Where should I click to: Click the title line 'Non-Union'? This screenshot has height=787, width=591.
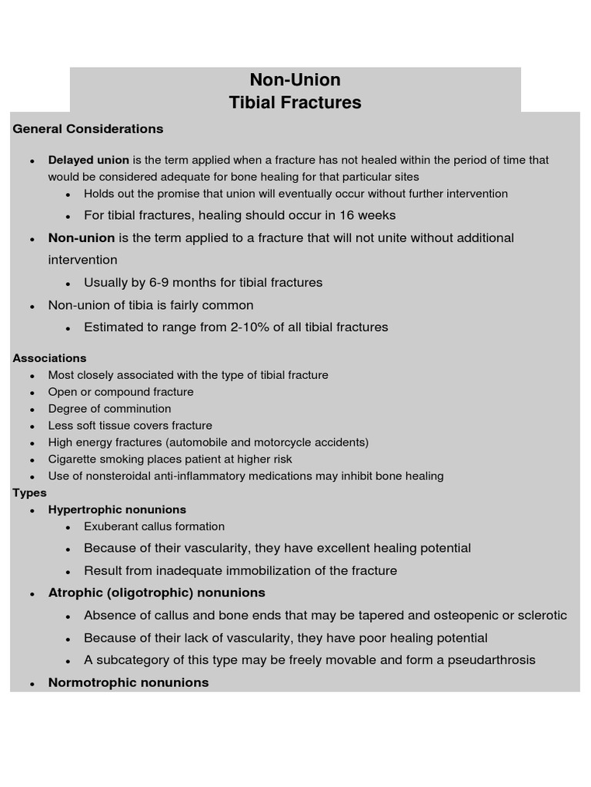coord(295,80)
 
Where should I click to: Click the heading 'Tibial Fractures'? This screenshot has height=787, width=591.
coord(295,102)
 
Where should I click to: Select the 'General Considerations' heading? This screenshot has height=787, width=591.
coord(88,129)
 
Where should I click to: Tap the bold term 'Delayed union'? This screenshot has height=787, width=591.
coord(88,161)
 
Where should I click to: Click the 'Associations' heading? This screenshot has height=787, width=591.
coord(49,358)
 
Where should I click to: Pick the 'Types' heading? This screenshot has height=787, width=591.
coord(29,493)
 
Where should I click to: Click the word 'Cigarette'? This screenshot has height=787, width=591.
coord(74,460)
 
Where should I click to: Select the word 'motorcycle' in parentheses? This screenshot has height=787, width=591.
coord(282,443)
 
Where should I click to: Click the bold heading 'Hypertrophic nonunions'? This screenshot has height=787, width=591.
coord(117,510)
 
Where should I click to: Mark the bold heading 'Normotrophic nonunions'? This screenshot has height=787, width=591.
coord(129,682)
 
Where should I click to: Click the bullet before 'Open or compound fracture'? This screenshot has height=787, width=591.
coord(32,393)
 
